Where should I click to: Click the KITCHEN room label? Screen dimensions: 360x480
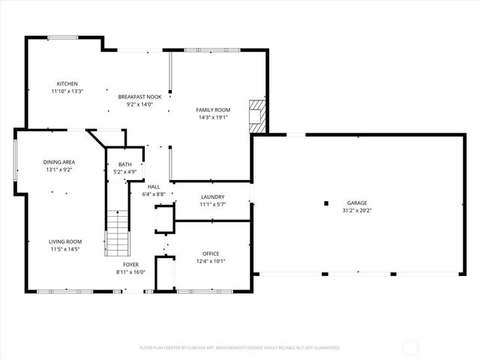67,83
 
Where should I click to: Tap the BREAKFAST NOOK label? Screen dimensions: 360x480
140,97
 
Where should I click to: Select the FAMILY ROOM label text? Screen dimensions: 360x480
213,110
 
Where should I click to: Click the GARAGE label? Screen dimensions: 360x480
357,202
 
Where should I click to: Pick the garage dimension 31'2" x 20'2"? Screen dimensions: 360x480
357,210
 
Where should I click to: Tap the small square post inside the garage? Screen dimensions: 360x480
326,202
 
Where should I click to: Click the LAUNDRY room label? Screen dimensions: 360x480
212,197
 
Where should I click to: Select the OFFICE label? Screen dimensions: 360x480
211,253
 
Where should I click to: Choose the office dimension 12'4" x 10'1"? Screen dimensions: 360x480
211,261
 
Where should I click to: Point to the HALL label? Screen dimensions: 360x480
153,187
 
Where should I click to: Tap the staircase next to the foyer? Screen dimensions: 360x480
117,232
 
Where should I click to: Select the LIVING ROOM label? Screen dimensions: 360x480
65,241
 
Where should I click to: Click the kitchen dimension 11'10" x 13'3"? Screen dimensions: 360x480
67,91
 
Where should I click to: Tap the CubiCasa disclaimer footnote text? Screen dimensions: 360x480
240,347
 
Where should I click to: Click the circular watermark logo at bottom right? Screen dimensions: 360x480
411,347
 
